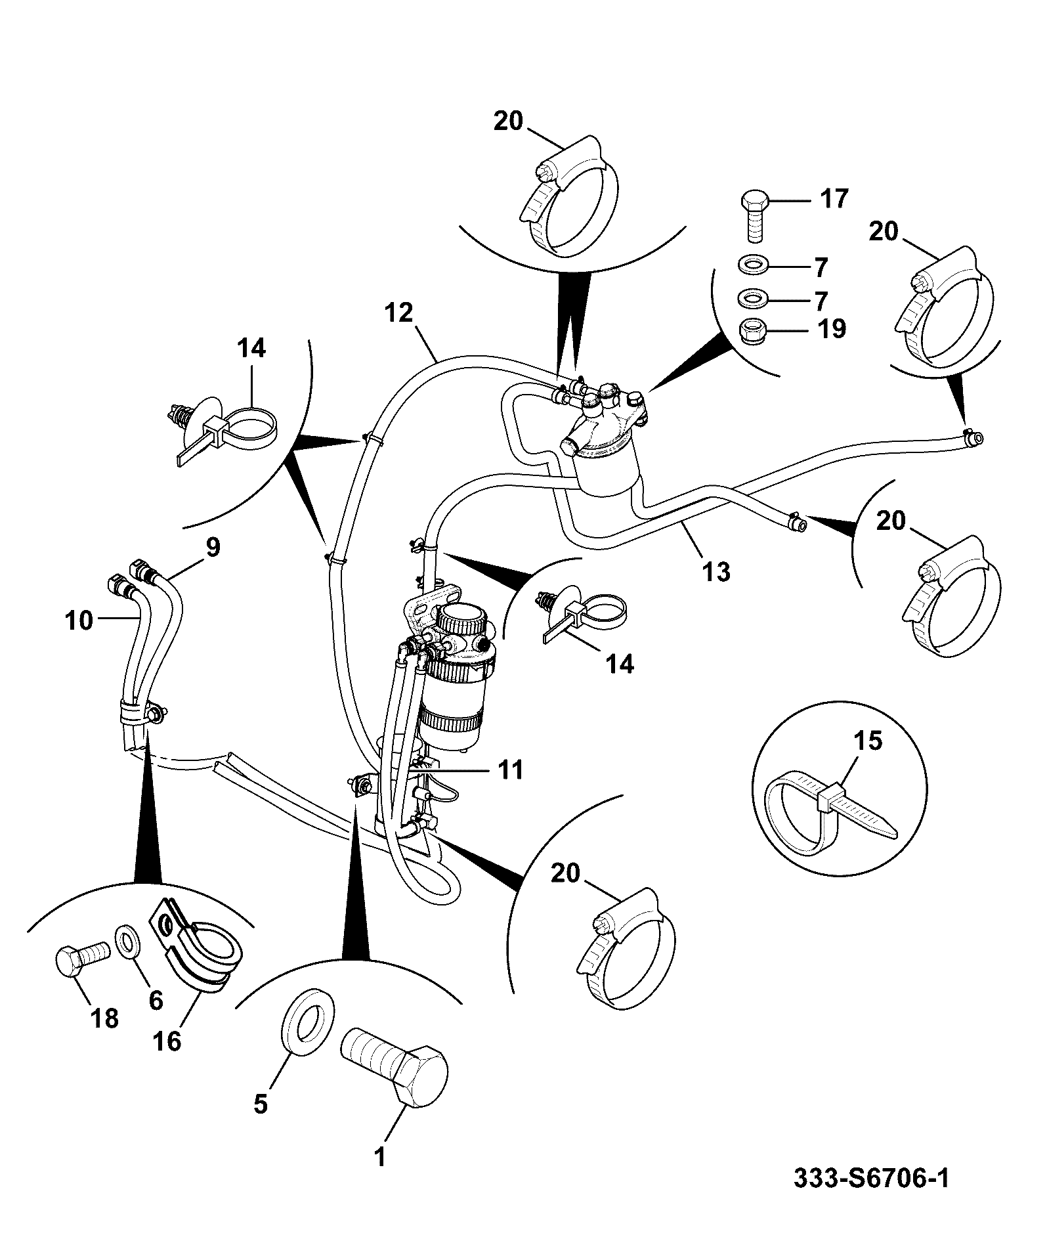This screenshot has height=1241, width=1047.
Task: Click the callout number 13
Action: tap(716, 572)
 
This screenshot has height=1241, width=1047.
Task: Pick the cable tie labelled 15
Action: tap(830, 813)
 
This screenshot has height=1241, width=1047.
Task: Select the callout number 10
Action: tap(79, 619)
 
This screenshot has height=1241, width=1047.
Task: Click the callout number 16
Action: tap(167, 1041)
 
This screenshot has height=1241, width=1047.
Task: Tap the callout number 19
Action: tap(832, 328)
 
